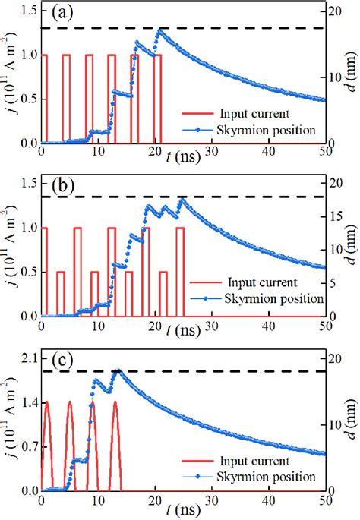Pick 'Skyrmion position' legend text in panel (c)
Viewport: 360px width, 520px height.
267,476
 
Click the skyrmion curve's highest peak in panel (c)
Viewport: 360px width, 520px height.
117,370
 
